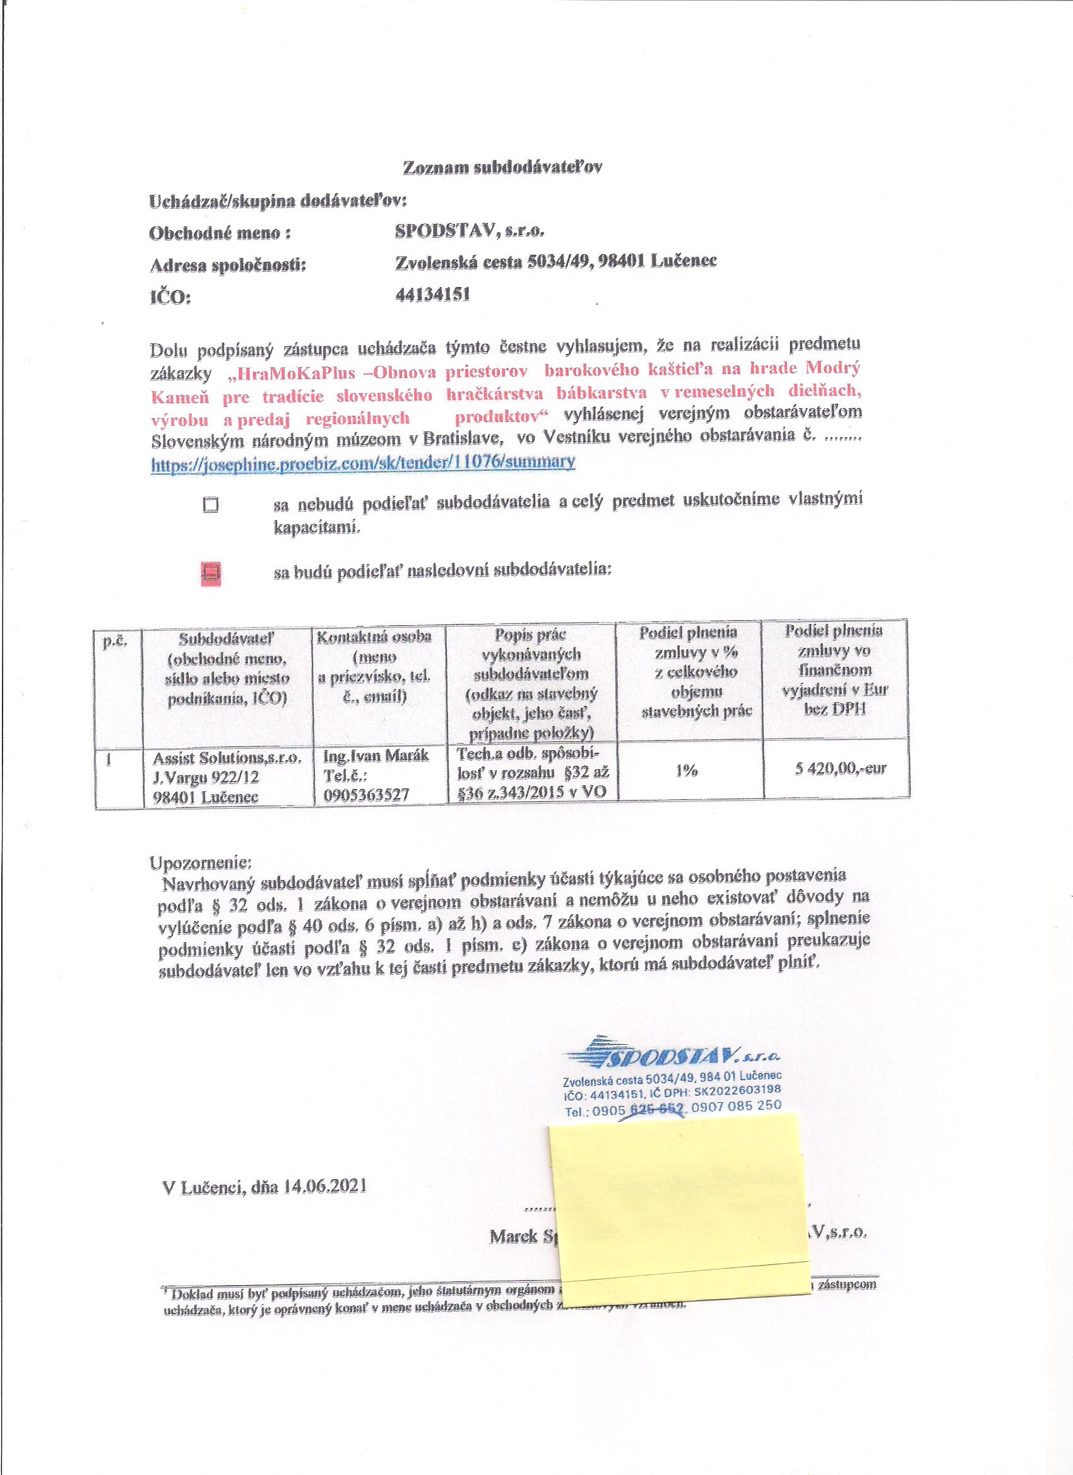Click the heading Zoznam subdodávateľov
coord(502,167)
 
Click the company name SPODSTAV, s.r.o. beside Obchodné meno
coord(470,231)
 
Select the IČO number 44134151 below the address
coord(433,295)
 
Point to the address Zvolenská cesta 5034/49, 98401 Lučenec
coord(556,262)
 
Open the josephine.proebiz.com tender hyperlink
coord(363,462)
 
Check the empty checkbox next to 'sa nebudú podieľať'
coord(210,505)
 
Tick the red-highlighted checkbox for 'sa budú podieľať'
coord(211,573)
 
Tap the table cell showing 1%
coord(688,770)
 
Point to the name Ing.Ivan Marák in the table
coord(376,757)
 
